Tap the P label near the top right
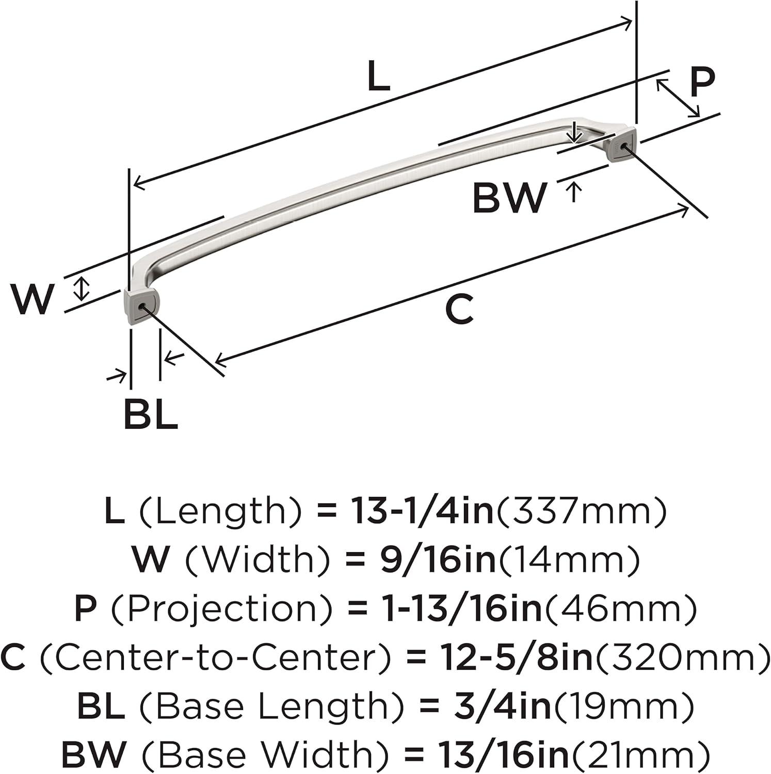[x=702, y=82]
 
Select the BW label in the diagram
[x=509, y=198]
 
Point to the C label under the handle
[x=459, y=310]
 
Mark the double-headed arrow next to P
[x=678, y=98]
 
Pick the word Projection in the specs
[x=221, y=609]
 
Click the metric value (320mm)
[x=682, y=658]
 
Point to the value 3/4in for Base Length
[x=502, y=706]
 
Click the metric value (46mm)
[x=621, y=609]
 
